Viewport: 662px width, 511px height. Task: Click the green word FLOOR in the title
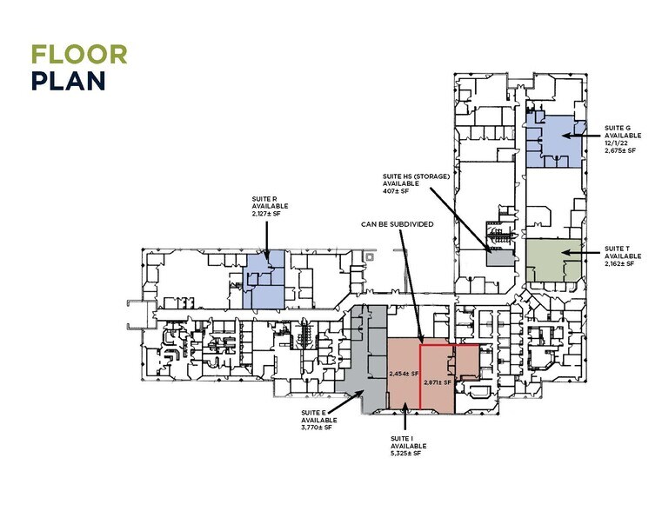[x=79, y=55]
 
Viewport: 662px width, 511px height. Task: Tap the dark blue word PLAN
[x=69, y=81]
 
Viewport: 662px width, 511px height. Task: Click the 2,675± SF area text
[x=620, y=150]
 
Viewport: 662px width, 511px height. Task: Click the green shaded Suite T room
[x=553, y=260]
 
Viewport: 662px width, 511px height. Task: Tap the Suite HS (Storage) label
[x=417, y=176]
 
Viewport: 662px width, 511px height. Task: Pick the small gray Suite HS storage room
[x=501, y=256]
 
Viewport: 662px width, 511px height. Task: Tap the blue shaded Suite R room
[x=264, y=280]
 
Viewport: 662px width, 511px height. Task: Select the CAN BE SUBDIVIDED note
[x=398, y=224]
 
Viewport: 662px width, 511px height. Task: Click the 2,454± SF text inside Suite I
[x=404, y=374]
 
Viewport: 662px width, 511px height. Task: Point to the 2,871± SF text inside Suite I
[x=438, y=382]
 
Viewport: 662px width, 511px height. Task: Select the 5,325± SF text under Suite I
[x=405, y=454]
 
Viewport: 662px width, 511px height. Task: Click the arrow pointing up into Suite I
[x=405, y=416]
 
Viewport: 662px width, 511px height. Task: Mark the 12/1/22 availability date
[x=616, y=143]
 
